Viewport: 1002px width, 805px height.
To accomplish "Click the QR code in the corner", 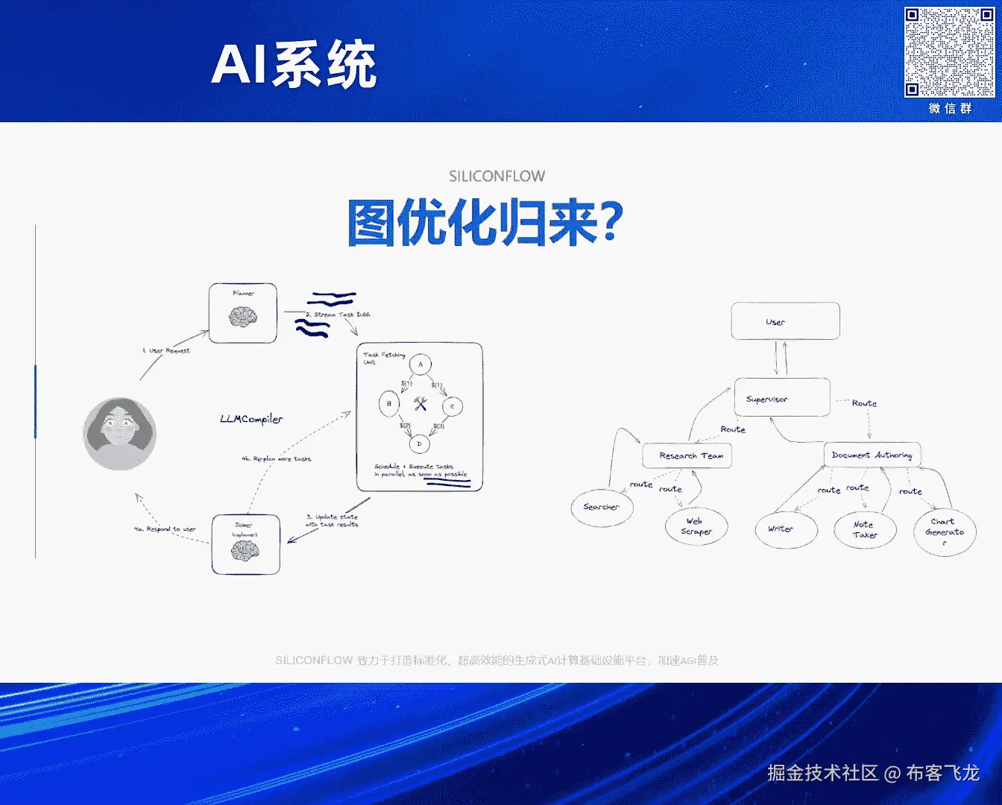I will [x=949, y=52].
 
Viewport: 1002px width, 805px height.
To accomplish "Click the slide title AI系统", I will [x=294, y=65].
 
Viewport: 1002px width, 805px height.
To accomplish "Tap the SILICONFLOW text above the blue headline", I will [x=497, y=176].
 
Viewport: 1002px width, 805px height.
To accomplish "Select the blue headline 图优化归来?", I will [x=485, y=222].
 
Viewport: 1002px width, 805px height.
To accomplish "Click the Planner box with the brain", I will [x=243, y=313].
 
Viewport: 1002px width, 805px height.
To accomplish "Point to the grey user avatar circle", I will [x=119, y=433].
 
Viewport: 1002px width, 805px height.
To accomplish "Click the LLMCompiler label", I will [x=251, y=419].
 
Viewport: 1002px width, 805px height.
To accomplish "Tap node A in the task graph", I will [x=420, y=364].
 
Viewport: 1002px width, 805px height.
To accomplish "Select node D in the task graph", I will [x=419, y=443].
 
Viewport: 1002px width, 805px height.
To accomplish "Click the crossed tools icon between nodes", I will [x=420, y=404].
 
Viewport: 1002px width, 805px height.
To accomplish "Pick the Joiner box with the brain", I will [x=245, y=544].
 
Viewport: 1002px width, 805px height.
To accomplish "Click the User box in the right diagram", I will [x=785, y=321].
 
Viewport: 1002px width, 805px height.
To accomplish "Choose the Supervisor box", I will [x=781, y=397].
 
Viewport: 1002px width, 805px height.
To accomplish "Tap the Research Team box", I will [x=687, y=455].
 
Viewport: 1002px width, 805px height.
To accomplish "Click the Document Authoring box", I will [x=872, y=455].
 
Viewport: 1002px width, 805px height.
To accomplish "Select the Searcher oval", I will [x=601, y=508].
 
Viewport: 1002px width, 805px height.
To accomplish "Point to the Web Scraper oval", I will [x=696, y=526].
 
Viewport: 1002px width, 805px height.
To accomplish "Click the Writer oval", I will [x=781, y=529].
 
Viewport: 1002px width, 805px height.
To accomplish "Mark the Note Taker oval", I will [x=865, y=529].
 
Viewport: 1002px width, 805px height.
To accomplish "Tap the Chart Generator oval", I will [x=945, y=531].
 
